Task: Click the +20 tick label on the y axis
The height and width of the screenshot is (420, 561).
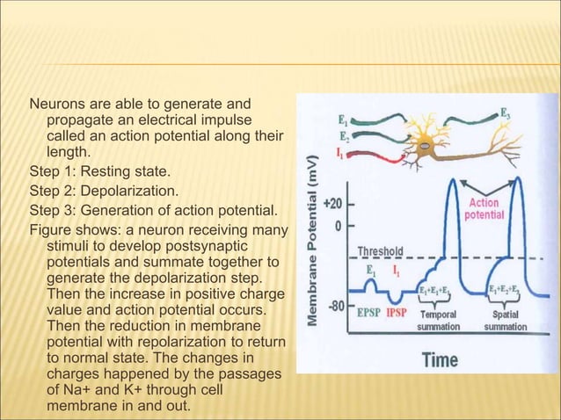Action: [x=331, y=203]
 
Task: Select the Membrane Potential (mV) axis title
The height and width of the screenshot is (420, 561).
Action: [x=311, y=250]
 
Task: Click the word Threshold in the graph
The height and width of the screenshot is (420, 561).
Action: [x=380, y=250]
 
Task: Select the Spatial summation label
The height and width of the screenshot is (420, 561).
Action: [x=505, y=320]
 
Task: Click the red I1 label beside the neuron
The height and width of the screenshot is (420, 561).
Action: [x=343, y=153]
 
